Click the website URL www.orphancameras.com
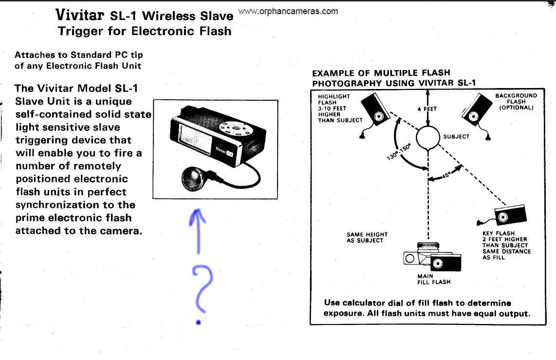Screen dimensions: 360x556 (x=288, y=11)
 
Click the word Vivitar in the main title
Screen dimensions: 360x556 (x=80, y=15)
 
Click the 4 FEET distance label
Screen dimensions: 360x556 (x=427, y=109)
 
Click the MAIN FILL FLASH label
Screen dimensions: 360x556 (x=434, y=279)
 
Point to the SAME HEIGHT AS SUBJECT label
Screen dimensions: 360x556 (x=365, y=237)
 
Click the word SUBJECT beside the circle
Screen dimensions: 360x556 (x=456, y=137)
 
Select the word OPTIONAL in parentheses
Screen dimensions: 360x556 (x=516, y=108)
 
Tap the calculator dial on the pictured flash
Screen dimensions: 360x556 (x=234, y=128)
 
